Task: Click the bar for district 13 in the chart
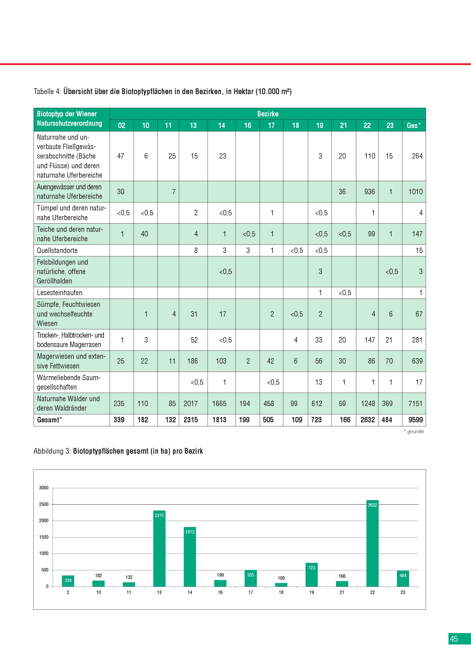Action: (159, 549)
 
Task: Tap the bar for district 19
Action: (312, 575)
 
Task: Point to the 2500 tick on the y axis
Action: (44, 504)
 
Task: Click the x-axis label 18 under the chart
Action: (281, 592)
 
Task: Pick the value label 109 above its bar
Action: (281, 578)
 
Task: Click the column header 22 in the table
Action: (367, 125)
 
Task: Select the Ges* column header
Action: (413, 125)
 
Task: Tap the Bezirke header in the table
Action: (268, 114)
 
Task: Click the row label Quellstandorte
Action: (57, 250)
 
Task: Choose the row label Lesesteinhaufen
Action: (60, 293)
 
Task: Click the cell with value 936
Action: (370, 192)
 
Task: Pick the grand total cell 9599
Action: (415, 420)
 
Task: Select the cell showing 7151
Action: (415, 404)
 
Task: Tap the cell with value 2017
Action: (191, 404)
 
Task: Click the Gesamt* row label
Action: (49, 420)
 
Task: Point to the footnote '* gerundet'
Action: (414, 432)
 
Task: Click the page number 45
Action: (454, 639)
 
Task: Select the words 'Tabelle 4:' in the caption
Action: (47, 92)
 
